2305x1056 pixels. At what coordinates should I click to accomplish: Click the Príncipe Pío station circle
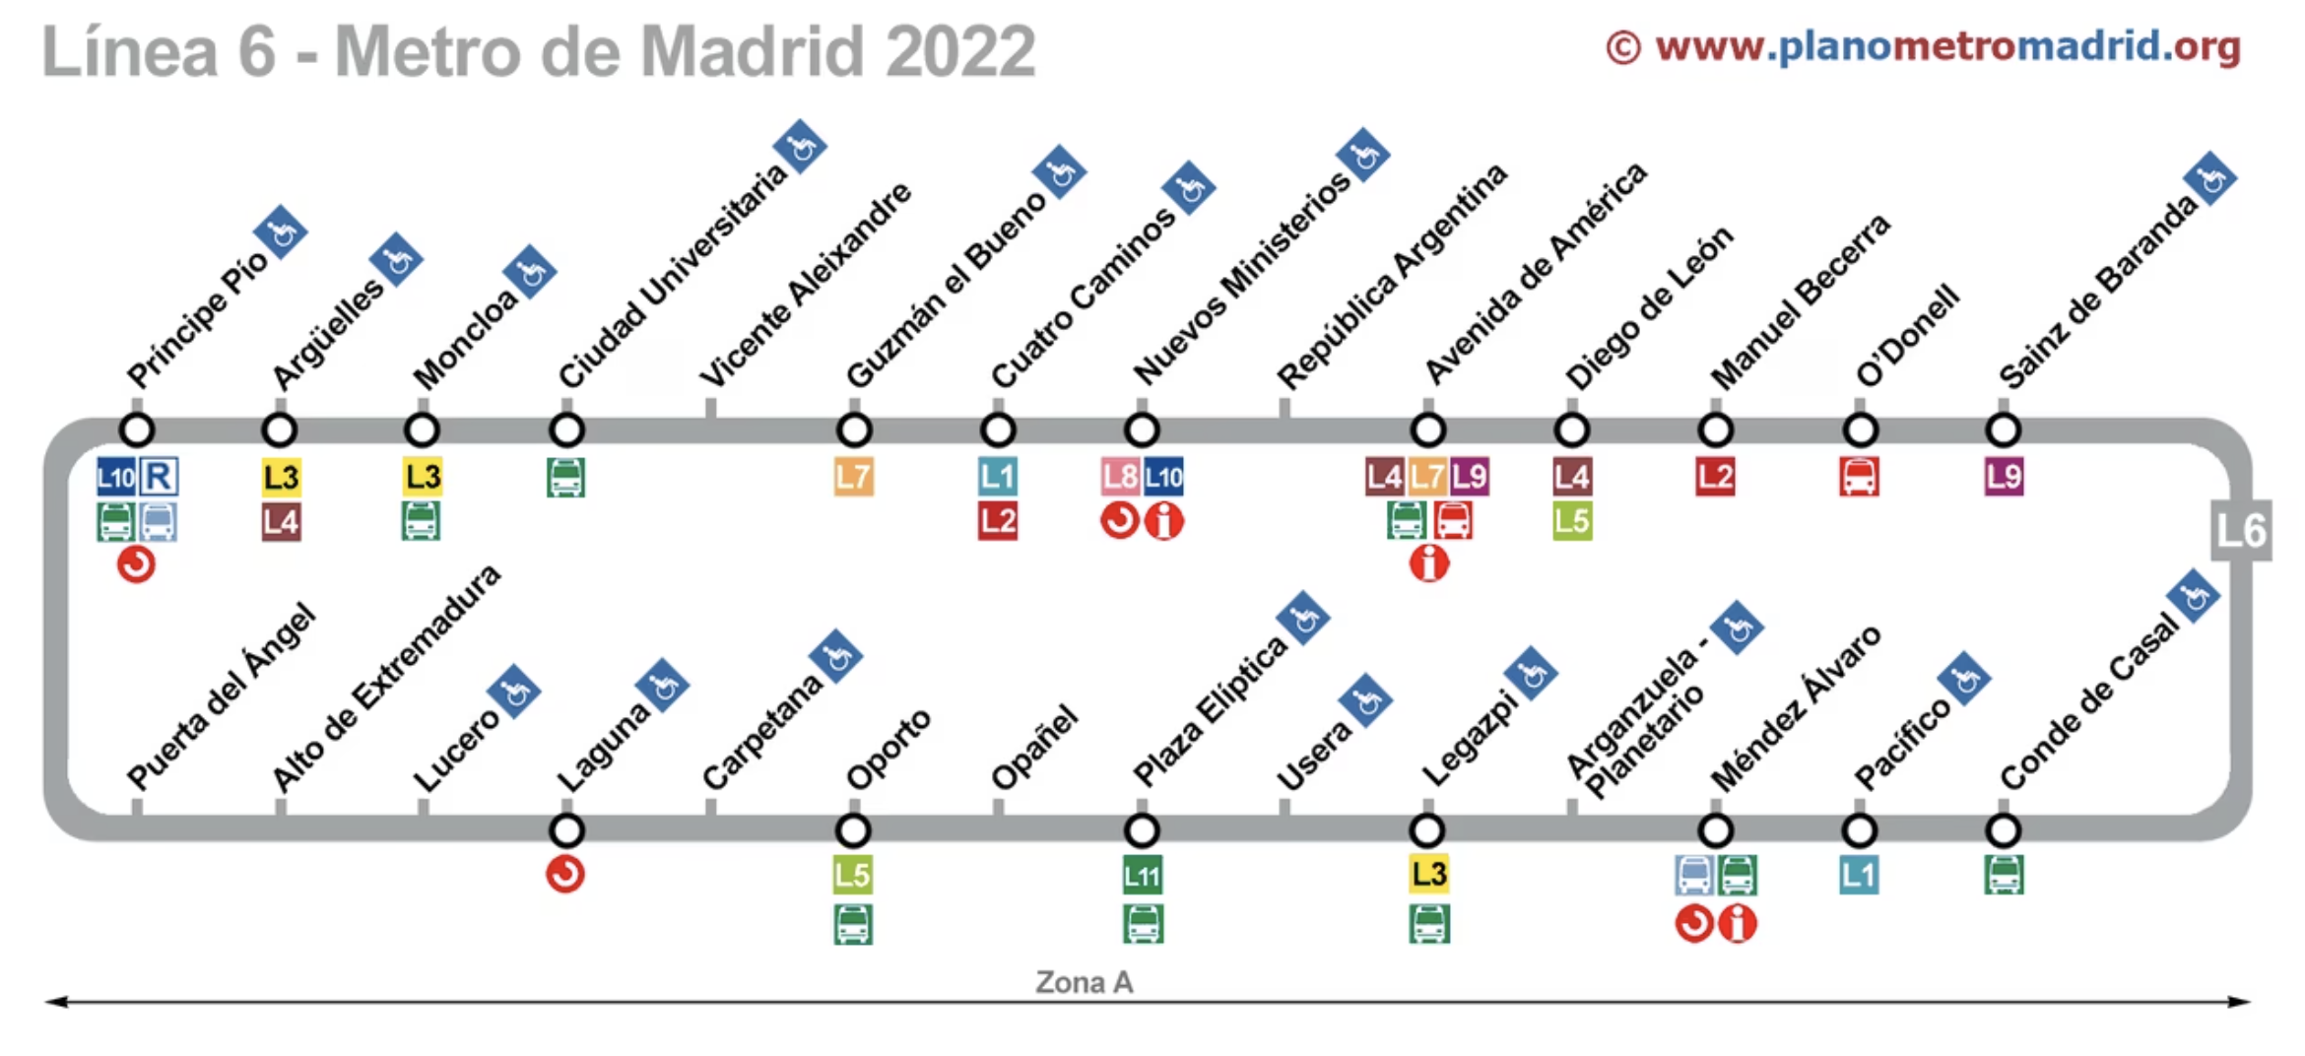pyautogui.click(x=137, y=429)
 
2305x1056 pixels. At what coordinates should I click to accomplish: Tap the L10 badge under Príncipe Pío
pyautogui.click(x=115, y=478)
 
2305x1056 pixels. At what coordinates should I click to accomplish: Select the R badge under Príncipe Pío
pyautogui.click(x=159, y=478)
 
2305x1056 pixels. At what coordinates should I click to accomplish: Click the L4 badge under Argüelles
pyautogui.click(x=281, y=521)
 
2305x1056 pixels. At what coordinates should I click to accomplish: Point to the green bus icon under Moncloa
pyautogui.click(x=422, y=520)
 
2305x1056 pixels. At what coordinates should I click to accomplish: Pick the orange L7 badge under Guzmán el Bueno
pyautogui.click(x=853, y=478)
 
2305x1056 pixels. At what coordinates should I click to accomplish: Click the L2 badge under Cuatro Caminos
pyautogui.click(x=997, y=521)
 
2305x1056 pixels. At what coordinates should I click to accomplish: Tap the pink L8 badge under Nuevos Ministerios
pyautogui.click(x=1120, y=478)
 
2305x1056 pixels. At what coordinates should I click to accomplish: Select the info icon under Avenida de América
pyautogui.click(x=1428, y=563)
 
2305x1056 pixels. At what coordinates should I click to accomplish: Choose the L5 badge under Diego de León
pyautogui.click(x=1572, y=521)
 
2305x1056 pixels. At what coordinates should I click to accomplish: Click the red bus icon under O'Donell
pyautogui.click(x=1859, y=478)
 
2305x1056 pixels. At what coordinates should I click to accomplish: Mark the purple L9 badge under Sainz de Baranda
pyautogui.click(x=2004, y=478)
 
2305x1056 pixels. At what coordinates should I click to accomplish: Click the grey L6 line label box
pyautogui.click(x=2240, y=531)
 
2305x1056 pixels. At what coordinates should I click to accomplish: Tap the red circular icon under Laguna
pyautogui.click(x=565, y=874)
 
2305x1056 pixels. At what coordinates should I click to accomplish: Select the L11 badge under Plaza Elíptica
pyautogui.click(x=1142, y=875)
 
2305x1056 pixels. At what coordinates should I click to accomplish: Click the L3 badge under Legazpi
pyautogui.click(x=1428, y=874)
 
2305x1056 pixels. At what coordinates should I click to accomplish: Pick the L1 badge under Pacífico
pyautogui.click(x=1859, y=875)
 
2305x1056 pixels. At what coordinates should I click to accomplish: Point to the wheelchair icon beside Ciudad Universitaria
pyautogui.click(x=800, y=147)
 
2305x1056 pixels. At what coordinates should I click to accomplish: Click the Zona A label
pyautogui.click(x=1084, y=982)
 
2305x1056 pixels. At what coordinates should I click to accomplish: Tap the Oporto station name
pyautogui.click(x=889, y=749)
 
